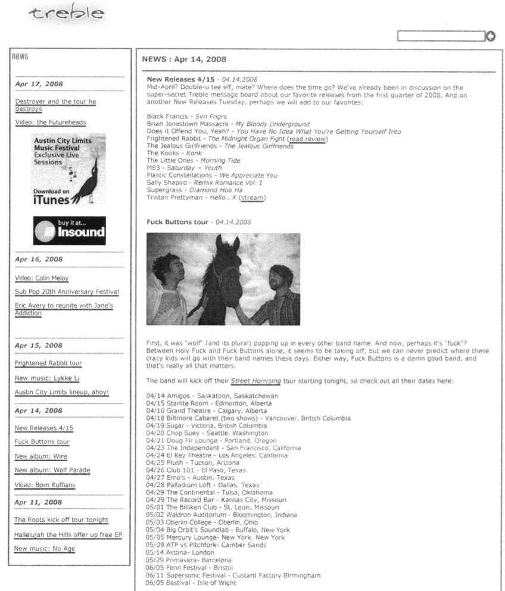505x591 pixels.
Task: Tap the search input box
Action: click(441, 36)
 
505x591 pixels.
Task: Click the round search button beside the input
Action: click(491, 36)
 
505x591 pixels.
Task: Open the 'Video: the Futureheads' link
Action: click(51, 123)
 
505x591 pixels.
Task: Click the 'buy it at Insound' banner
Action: click(69, 231)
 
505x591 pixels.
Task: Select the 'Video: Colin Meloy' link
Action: click(42, 278)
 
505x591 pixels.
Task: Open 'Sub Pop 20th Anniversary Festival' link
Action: click(67, 292)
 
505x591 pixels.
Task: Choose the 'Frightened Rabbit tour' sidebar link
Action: click(48, 363)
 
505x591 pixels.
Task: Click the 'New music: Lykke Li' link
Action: click(47, 378)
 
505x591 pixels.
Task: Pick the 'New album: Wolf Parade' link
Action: click(52, 471)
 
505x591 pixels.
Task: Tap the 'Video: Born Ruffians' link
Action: click(45, 485)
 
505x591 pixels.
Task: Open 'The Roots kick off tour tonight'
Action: click(61, 520)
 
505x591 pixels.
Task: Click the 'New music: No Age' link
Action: click(45, 549)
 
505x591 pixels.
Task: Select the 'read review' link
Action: click(307, 139)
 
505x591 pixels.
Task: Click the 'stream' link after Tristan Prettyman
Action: click(253, 197)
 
